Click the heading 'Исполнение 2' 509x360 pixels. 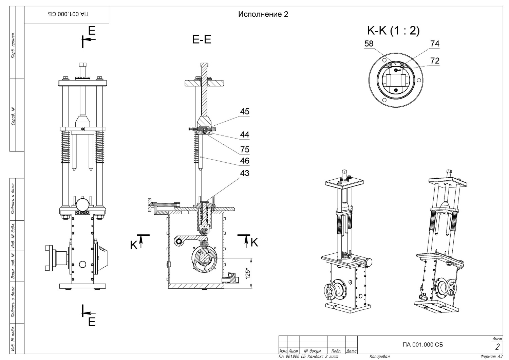263,14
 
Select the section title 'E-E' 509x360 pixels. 202,40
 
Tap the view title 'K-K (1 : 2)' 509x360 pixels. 393,31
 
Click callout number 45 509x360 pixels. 245,112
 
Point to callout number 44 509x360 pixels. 245,135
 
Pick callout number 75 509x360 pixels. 245,149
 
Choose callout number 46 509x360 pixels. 245,161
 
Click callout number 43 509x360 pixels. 245,173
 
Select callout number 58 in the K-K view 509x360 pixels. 369,44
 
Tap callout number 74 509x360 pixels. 435,44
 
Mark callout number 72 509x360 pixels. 435,61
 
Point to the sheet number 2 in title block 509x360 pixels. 497,347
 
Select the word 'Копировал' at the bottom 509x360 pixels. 379,357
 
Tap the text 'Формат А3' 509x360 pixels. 491,357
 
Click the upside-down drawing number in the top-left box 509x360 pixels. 68,14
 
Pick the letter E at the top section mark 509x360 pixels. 92,31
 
